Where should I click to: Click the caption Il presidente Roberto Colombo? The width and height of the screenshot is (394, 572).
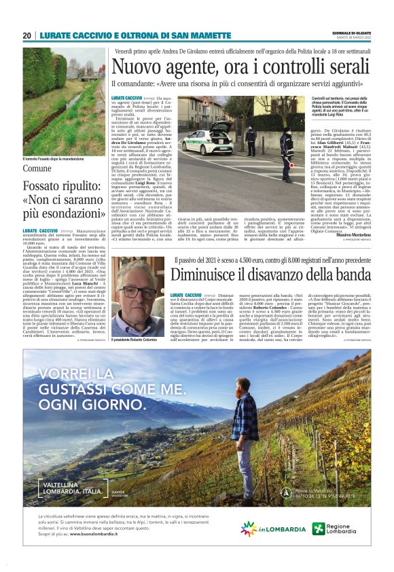click(139, 340)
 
